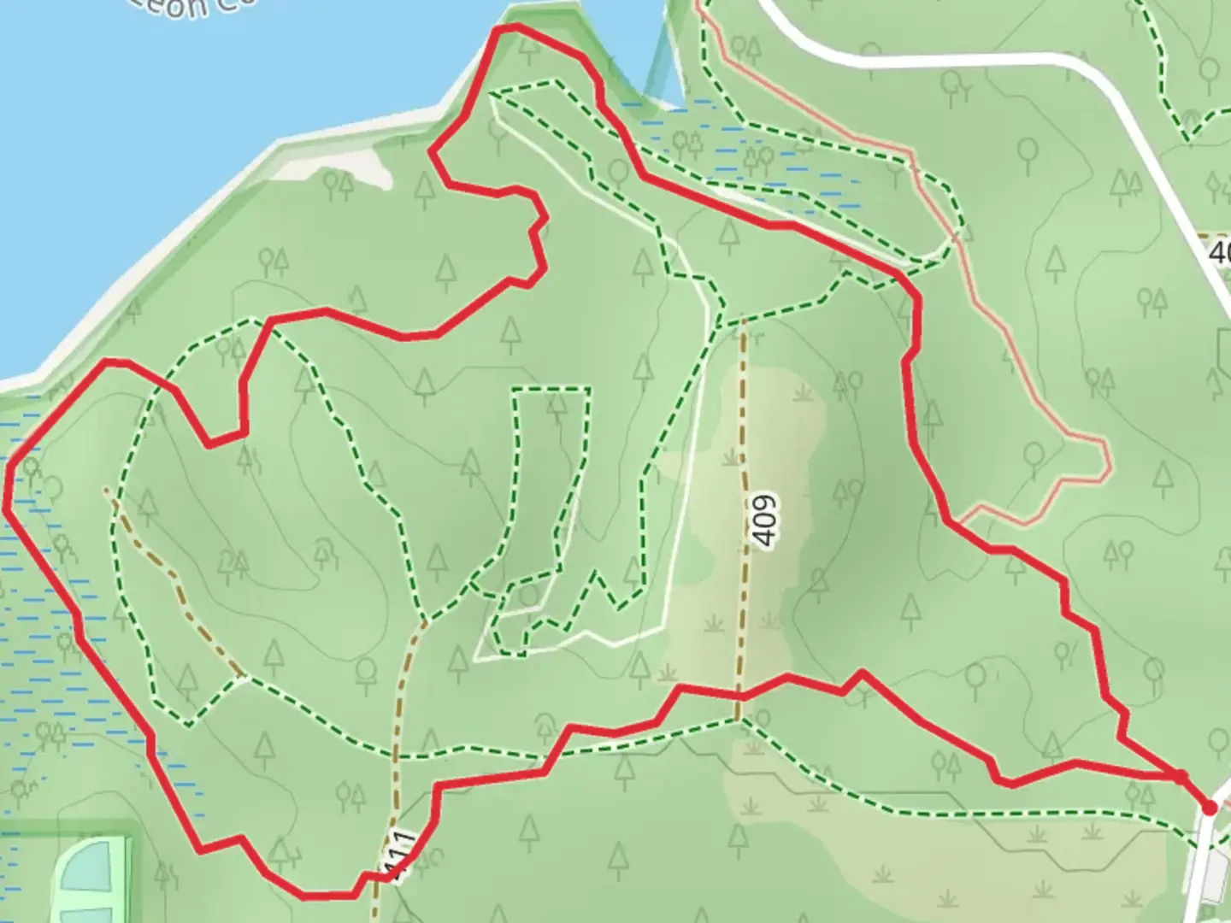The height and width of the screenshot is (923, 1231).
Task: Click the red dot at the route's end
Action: point(1209,807)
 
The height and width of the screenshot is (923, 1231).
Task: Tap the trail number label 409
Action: point(766,520)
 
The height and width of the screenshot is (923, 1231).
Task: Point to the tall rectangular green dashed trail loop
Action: point(551,479)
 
